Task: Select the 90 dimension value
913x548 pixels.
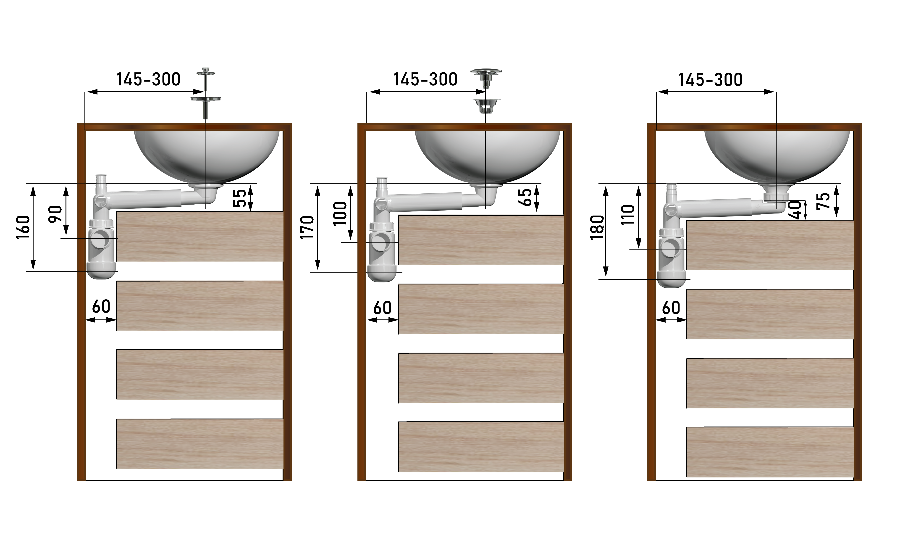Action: [56, 214]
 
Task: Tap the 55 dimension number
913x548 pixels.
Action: [239, 198]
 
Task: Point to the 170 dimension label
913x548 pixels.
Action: [307, 227]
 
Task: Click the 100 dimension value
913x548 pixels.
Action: [340, 213]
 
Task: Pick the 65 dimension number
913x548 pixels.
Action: [525, 197]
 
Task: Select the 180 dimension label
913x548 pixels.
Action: [597, 227]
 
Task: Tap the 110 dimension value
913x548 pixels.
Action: [628, 215]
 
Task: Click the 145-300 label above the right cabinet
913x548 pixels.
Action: [710, 80]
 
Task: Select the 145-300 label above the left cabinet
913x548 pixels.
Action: [148, 79]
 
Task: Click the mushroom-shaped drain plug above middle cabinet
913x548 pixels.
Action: [486, 78]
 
